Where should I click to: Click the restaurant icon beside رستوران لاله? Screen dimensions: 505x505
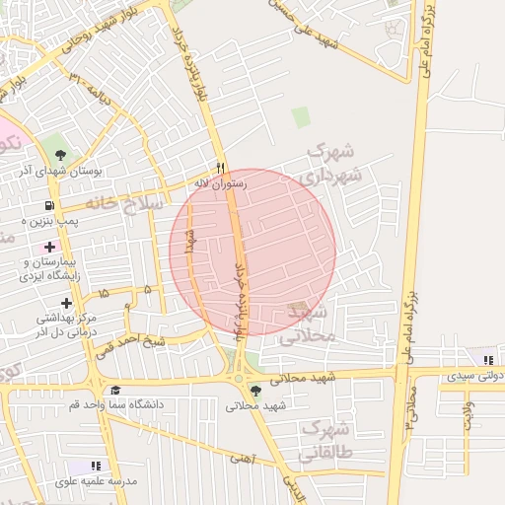coord(221,168)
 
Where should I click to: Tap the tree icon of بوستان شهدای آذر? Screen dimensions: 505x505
coord(61,155)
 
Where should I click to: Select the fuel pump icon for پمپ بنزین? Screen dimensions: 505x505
coord(47,205)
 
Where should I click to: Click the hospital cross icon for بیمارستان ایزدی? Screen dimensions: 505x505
coord(49,246)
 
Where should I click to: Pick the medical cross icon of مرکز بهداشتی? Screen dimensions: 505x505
coord(66,303)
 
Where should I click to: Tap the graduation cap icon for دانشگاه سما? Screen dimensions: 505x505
coord(115,390)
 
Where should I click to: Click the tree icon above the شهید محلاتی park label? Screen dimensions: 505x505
coord(256,391)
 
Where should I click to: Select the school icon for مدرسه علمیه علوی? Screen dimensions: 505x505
coord(96,466)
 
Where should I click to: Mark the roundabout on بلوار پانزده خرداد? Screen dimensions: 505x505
coord(238,379)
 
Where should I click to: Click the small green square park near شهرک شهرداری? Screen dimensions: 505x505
coord(300,116)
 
